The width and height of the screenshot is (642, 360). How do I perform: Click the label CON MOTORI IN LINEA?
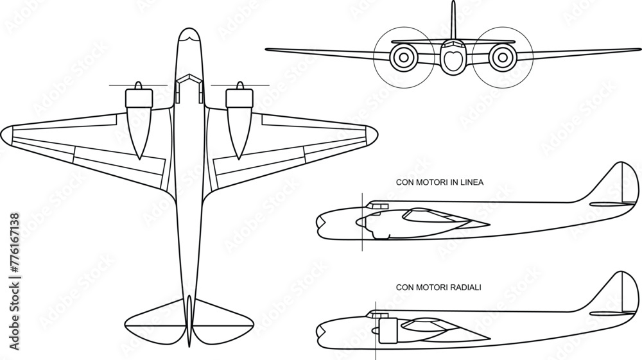pos(440,182)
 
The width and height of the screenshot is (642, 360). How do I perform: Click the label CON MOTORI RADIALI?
pos(438,287)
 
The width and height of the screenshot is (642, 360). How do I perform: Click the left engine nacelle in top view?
pos(139,122)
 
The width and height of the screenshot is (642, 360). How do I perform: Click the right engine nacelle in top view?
pos(238,122)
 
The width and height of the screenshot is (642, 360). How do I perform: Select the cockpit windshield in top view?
pos(188,80)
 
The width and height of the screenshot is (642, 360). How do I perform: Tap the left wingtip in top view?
pos(6,134)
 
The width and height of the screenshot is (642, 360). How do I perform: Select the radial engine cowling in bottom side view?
pos(386,330)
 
